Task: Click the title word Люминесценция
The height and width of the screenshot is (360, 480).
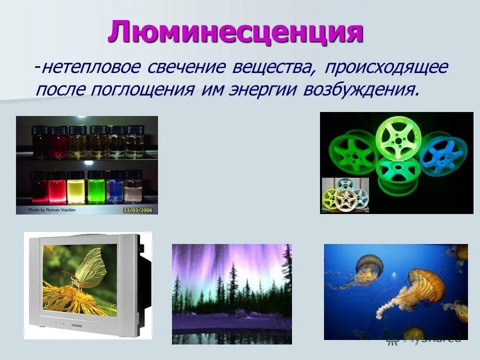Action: pyautogui.click(x=235, y=32)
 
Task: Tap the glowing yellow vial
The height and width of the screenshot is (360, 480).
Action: pyautogui.click(x=75, y=188)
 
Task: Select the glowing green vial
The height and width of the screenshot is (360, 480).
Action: pyautogui.click(x=95, y=188)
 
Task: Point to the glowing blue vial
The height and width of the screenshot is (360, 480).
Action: pyautogui.click(x=115, y=188)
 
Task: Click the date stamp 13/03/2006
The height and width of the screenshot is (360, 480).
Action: pyautogui.click(x=137, y=210)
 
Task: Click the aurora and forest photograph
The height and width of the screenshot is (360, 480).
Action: pyautogui.click(x=231, y=293)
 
